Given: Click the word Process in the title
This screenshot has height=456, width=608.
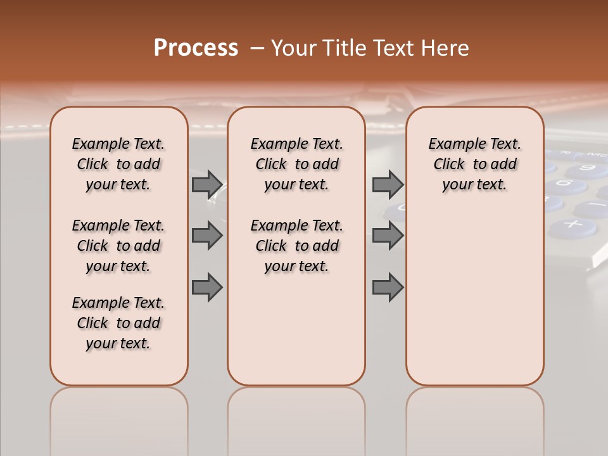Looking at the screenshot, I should (196, 48).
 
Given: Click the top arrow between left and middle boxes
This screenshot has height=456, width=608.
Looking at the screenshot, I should (207, 185).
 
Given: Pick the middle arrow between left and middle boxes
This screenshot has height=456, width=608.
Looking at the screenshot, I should (207, 236).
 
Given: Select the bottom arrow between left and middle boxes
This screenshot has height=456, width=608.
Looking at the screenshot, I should (207, 288).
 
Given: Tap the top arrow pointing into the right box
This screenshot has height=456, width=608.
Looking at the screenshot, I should (388, 185).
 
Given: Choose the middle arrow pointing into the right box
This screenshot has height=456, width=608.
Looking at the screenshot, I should (388, 236).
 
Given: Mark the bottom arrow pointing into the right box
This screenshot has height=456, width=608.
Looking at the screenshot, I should (388, 288).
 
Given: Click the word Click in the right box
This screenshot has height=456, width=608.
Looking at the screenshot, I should (449, 165).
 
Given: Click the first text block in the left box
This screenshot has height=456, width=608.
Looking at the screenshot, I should (118, 165).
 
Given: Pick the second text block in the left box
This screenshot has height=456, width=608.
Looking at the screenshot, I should (118, 246).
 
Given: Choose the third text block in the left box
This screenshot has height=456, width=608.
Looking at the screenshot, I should (118, 323).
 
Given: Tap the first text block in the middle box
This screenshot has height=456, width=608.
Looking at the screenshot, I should (296, 165).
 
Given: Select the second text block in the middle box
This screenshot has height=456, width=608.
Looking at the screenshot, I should (296, 246).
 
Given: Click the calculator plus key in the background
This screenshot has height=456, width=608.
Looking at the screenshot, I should (573, 224).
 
